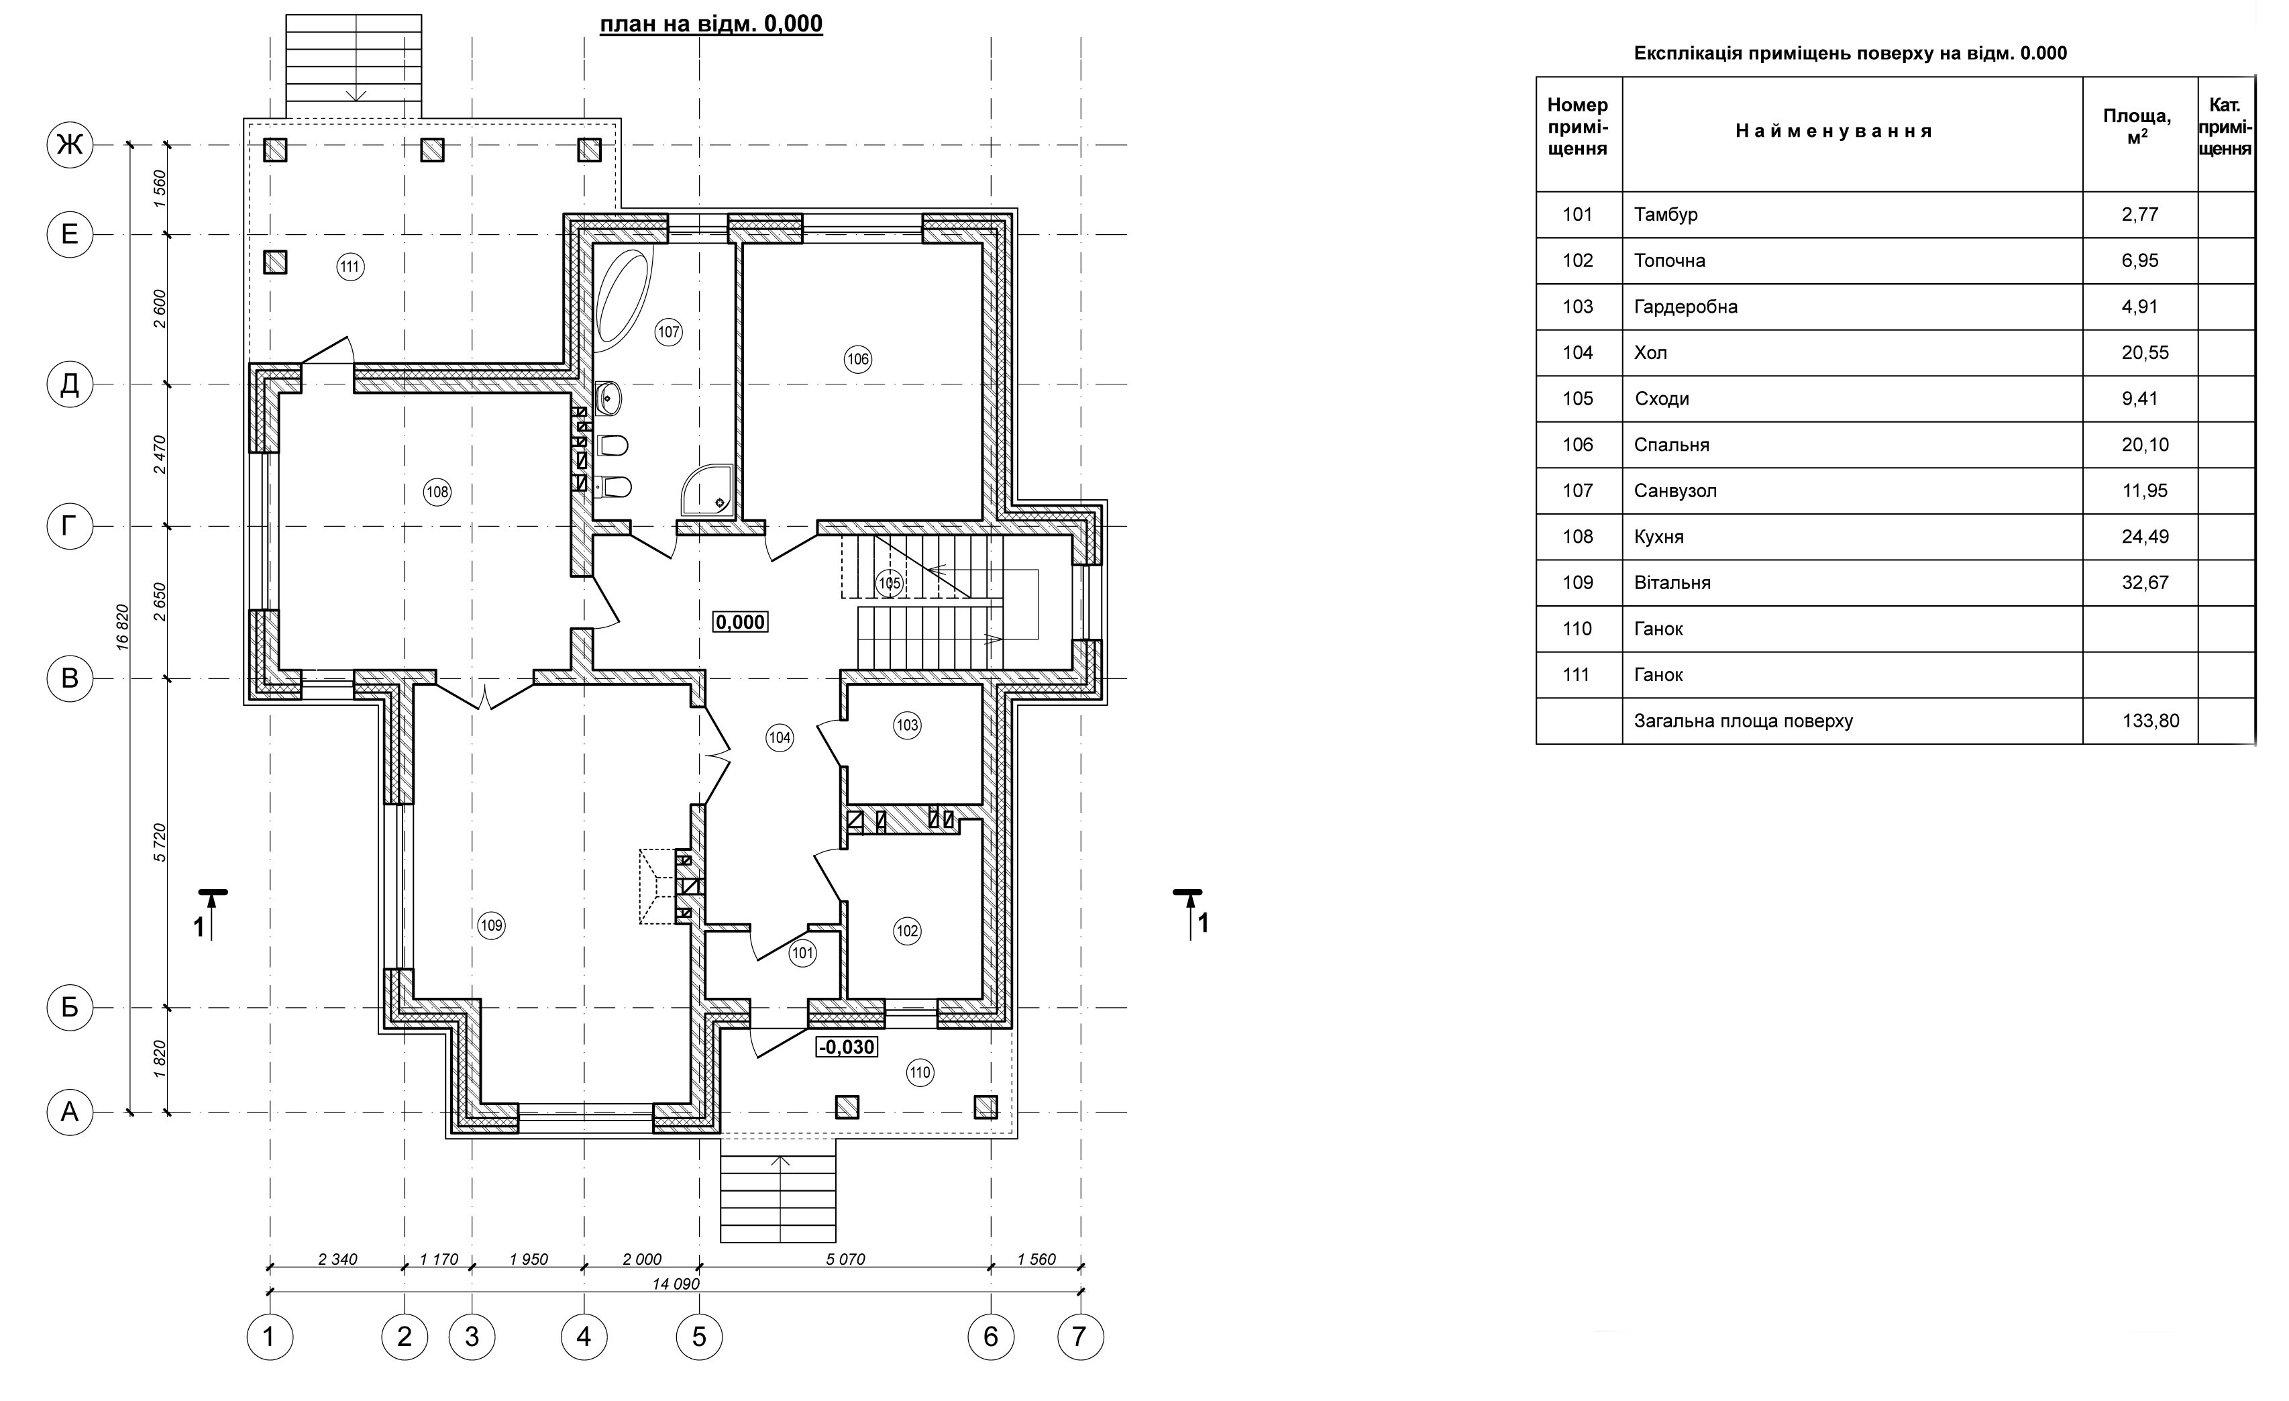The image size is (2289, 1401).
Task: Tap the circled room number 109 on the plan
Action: click(492, 925)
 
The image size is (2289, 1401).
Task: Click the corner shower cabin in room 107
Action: click(708, 490)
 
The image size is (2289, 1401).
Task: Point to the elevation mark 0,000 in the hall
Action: click(741, 621)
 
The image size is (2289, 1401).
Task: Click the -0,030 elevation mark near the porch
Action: click(846, 1047)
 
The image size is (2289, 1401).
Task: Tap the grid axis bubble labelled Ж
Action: click(70, 145)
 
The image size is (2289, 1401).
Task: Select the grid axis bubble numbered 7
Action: click(1079, 1337)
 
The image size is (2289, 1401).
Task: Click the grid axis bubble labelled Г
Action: click(70, 527)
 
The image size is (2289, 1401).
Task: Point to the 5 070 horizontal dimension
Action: click(845, 1260)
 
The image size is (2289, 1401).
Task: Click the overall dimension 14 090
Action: click(676, 1284)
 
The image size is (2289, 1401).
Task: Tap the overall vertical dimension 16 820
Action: click(123, 628)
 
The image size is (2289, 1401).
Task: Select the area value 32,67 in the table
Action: click(2144, 582)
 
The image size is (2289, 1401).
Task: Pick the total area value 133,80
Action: click(2151, 721)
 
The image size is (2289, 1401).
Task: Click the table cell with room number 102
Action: click(1577, 260)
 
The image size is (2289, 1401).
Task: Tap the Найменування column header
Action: click(1833, 131)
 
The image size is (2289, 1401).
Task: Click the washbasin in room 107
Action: click(608, 398)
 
